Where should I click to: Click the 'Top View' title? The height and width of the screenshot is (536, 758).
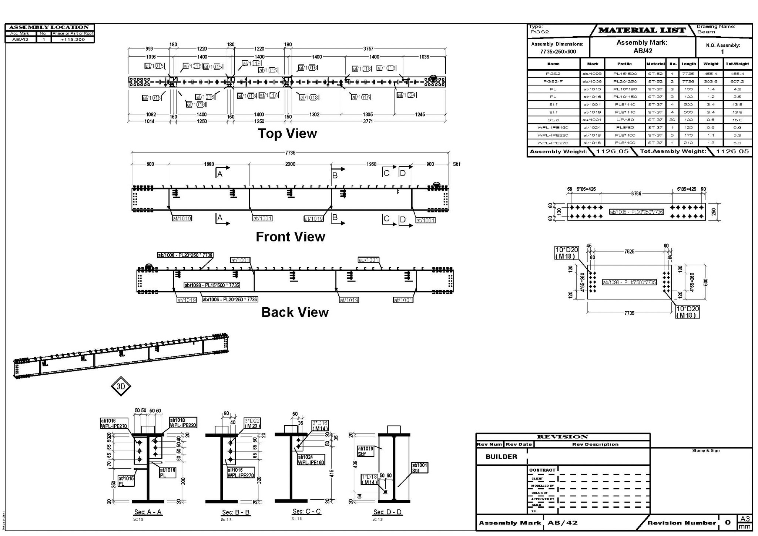click(x=287, y=134)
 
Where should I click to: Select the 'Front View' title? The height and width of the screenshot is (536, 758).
click(x=290, y=237)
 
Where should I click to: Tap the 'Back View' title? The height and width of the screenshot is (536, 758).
click(x=295, y=312)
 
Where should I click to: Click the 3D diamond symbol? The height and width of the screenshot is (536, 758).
click(x=121, y=386)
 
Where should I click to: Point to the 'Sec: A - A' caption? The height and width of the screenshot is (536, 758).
click(x=148, y=512)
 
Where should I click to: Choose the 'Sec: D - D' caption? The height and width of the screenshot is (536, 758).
click(x=387, y=512)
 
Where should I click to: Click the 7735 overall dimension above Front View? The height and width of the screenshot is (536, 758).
click(x=290, y=153)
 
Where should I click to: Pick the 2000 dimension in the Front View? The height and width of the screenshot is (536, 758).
click(x=290, y=164)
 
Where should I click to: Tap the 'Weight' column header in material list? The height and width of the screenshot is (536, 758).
click(x=711, y=64)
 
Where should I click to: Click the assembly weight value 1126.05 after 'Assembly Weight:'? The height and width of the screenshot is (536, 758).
click(x=612, y=151)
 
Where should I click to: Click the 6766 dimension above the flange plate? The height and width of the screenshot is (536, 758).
click(x=636, y=194)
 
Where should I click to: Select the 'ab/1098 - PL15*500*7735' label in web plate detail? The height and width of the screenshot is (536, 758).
click(x=629, y=282)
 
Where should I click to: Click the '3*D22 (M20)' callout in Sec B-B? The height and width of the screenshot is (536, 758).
click(x=252, y=423)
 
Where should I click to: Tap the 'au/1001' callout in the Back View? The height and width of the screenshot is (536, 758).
click(x=368, y=260)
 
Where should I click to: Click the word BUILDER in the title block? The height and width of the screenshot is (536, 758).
click(x=501, y=457)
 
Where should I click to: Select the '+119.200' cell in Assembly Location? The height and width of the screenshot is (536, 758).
click(x=73, y=40)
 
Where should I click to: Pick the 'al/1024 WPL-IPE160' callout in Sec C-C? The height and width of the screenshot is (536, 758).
click(x=311, y=460)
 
